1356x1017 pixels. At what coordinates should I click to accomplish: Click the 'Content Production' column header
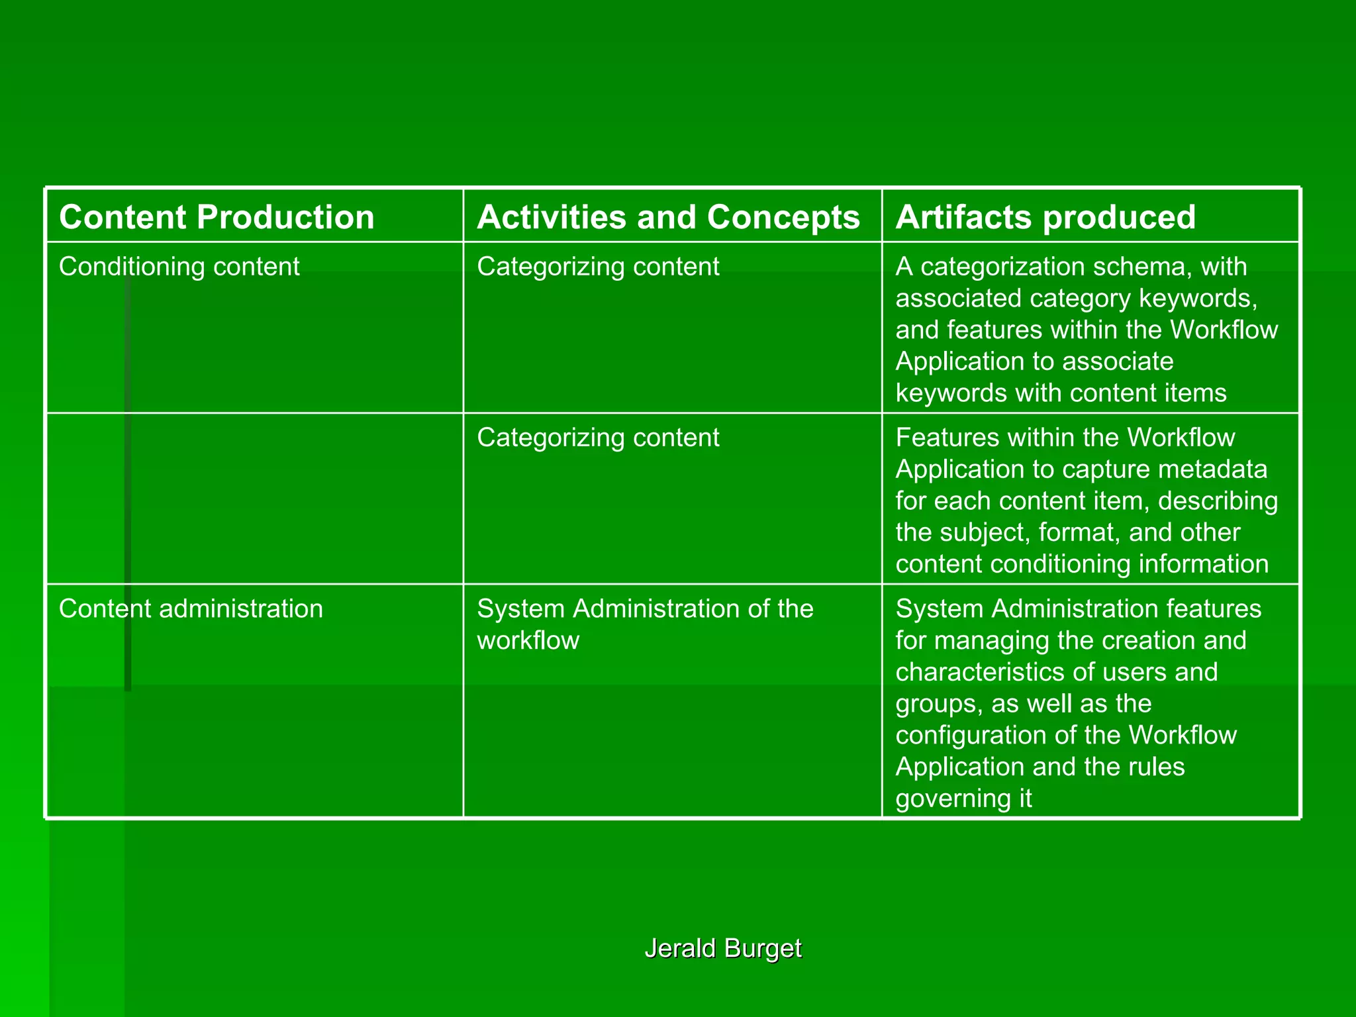tap(217, 217)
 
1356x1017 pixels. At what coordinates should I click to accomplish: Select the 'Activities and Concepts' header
tap(668, 217)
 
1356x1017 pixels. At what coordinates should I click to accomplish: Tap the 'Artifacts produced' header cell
tap(1045, 217)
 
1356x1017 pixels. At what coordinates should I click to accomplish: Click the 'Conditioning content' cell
tap(179, 267)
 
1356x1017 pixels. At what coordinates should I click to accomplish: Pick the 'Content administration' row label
tap(191, 609)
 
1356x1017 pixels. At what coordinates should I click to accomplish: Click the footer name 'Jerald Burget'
tap(723, 948)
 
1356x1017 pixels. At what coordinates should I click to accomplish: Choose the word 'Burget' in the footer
tap(763, 948)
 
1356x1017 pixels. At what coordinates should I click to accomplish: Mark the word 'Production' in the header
tap(285, 217)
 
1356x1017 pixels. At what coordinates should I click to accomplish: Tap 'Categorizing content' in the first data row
tap(598, 267)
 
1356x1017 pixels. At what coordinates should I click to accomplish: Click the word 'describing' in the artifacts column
tap(1218, 501)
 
